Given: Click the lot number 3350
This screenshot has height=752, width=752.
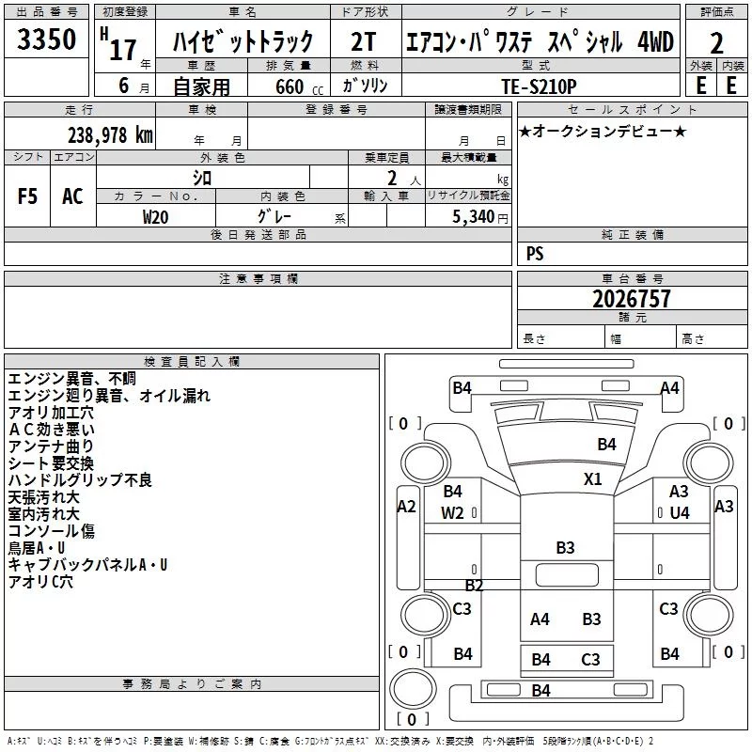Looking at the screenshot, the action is pyautogui.click(x=47, y=40).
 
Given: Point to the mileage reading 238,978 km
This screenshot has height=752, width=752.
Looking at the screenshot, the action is pyautogui.click(x=109, y=134).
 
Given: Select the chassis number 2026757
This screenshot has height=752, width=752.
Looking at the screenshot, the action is pyautogui.click(x=633, y=299).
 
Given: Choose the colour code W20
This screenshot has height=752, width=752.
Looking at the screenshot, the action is pyautogui.click(x=156, y=216).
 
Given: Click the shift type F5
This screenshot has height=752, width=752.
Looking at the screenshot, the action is pyautogui.click(x=27, y=196).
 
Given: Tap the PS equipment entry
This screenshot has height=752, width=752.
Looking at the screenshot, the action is pyautogui.click(x=534, y=254).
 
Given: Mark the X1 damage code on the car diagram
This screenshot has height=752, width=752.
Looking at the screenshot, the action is pyautogui.click(x=592, y=478).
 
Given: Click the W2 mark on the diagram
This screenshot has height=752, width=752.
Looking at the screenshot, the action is pyautogui.click(x=452, y=512).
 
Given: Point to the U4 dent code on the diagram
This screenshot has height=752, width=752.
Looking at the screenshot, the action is pyautogui.click(x=680, y=512).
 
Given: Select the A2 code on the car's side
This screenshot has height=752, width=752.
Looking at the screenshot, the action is pyautogui.click(x=406, y=507).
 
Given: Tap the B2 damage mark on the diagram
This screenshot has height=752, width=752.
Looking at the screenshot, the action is pyautogui.click(x=474, y=586).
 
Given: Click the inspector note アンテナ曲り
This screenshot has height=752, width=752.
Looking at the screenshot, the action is pyautogui.click(x=51, y=446).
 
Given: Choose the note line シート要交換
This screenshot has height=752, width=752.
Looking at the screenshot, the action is pyautogui.click(x=51, y=463).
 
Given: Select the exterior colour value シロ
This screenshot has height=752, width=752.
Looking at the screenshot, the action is pyautogui.click(x=202, y=177).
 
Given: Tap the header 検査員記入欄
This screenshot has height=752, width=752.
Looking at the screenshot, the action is pyautogui.click(x=192, y=361).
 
